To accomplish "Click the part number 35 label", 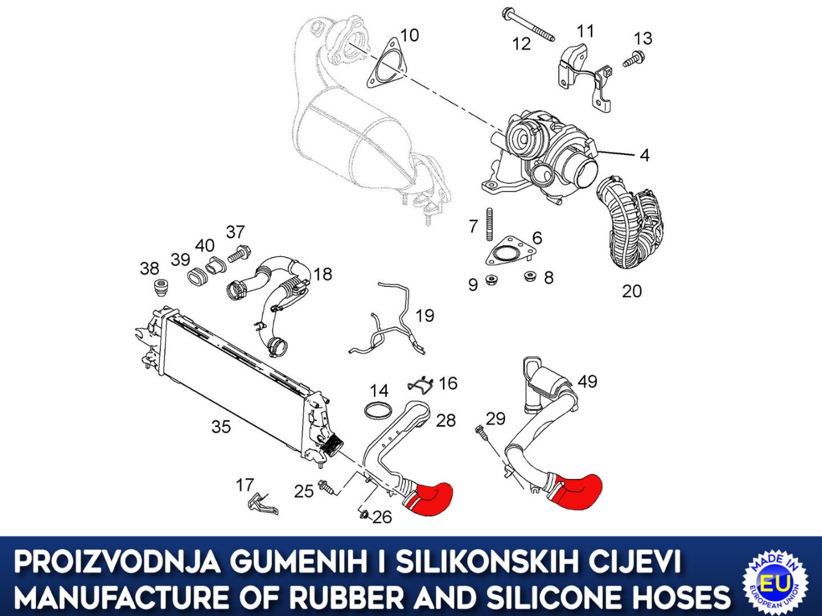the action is [221, 427].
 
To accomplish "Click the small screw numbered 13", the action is [632, 59].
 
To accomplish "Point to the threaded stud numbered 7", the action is [489, 224].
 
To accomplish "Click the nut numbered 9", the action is [491, 281].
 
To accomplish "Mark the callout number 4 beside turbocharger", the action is [644, 155].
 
